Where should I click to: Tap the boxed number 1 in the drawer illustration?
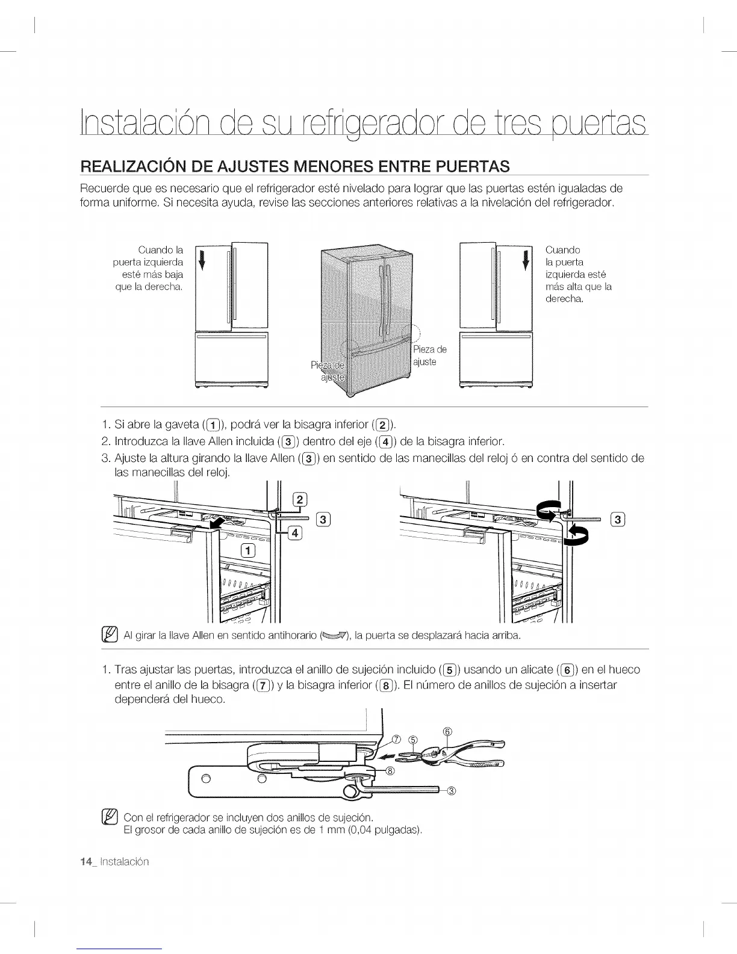pos(248,550)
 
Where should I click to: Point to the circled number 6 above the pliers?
pos(447,731)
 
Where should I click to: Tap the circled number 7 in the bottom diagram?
pos(396,740)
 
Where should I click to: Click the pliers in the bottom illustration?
pos(464,755)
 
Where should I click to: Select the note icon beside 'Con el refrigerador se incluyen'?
pos(110,817)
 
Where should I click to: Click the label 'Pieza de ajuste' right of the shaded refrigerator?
pos(429,356)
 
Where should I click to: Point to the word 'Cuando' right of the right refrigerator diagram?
pos(562,250)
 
